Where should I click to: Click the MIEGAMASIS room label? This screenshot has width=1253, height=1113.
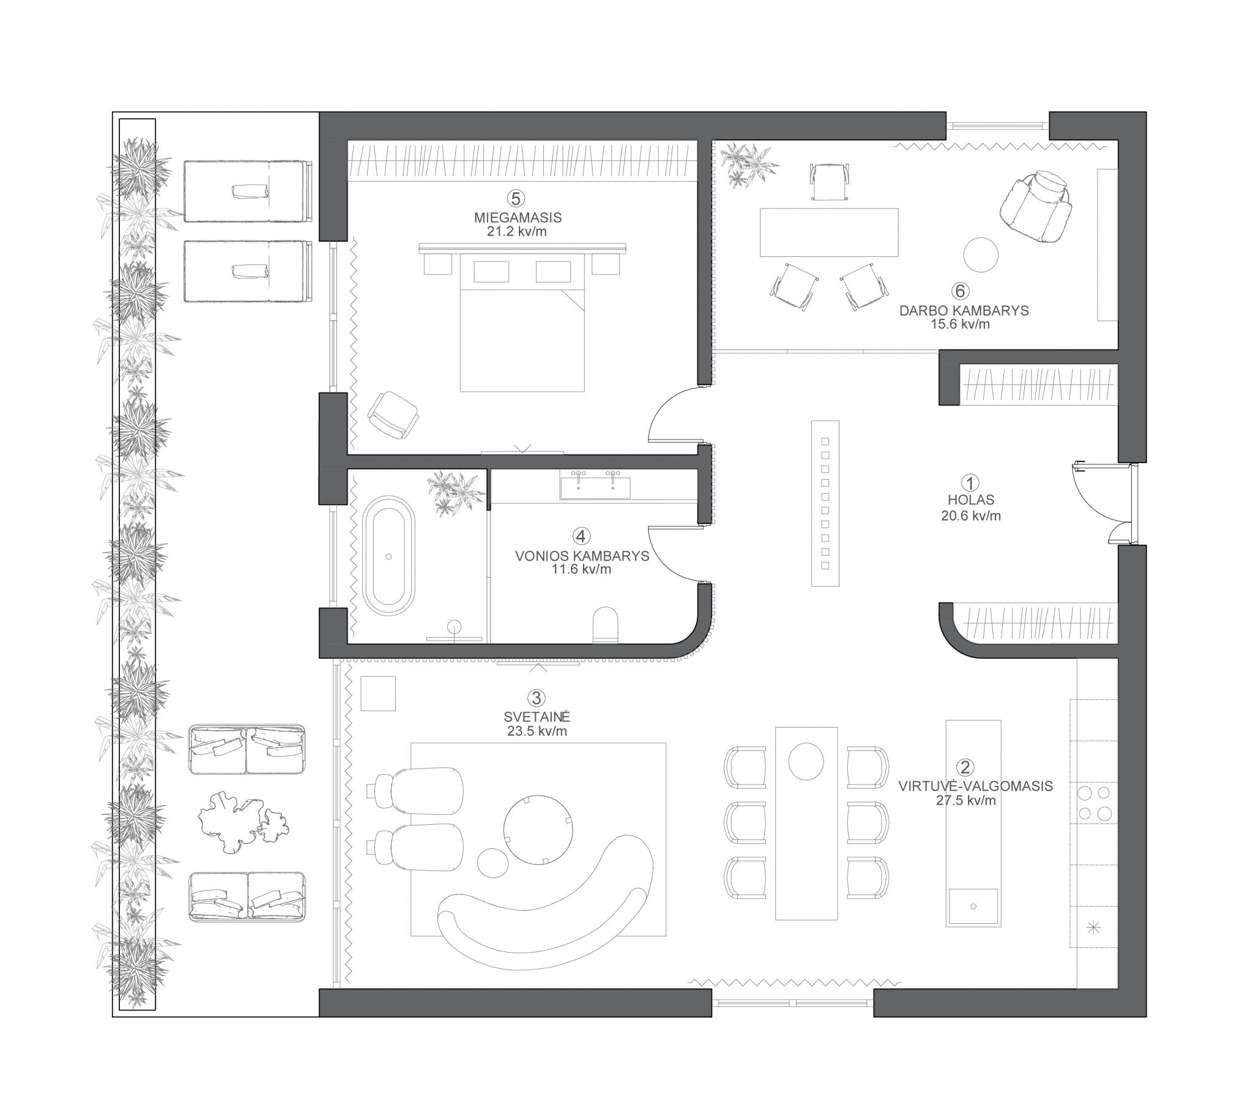pos(518,217)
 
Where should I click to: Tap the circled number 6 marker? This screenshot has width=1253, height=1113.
pos(961,291)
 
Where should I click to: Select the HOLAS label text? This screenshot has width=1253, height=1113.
pos(970,500)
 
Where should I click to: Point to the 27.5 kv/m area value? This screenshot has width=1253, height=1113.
pos(965,800)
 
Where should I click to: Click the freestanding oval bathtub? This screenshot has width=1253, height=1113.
pos(389,556)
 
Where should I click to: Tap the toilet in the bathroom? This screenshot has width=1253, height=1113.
pos(606,624)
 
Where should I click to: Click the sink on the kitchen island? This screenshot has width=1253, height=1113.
pos(973,906)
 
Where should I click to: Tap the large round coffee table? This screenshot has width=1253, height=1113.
pos(539,829)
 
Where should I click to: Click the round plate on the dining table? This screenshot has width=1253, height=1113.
pos(806,761)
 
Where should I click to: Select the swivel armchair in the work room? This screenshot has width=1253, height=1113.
pos(1036,206)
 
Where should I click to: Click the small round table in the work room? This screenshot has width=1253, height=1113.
pos(981,255)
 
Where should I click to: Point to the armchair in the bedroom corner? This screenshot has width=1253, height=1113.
pos(393,414)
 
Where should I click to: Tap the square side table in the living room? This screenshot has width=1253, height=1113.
pos(378,693)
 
